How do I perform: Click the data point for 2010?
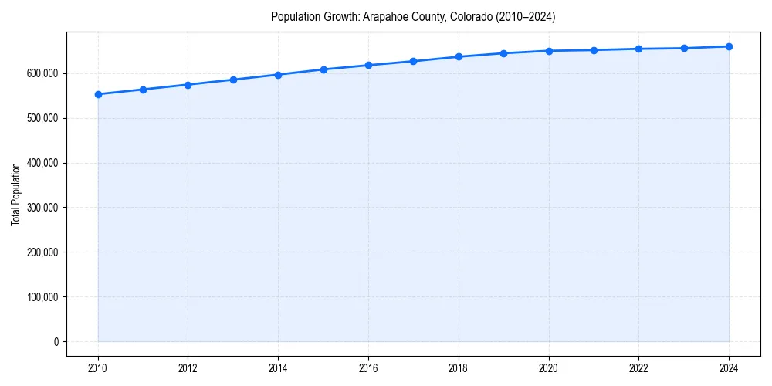[x=98, y=94]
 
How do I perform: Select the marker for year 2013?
[x=233, y=80]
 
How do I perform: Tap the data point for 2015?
[x=323, y=69]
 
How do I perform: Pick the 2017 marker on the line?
[x=413, y=61]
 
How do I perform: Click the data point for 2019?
[x=503, y=53]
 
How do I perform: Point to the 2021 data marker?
[x=594, y=50]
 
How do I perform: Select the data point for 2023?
[x=684, y=48]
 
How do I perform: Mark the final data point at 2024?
[x=729, y=46]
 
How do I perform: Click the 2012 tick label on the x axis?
[x=188, y=368]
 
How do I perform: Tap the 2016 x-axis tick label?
[x=368, y=368]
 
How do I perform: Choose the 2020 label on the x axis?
[x=549, y=368]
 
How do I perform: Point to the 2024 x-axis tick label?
[x=729, y=368]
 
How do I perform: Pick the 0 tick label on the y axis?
[x=56, y=342]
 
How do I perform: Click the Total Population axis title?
[x=15, y=194]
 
